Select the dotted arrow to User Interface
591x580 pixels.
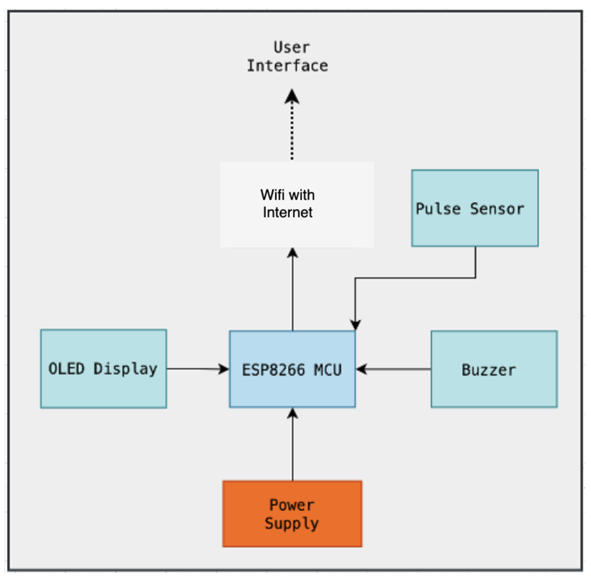[x=292, y=131]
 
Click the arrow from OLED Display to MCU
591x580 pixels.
[x=195, y=369]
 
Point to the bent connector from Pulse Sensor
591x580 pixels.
[x=414, y=278]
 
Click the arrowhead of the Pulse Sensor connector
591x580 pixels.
[x=355, y=325]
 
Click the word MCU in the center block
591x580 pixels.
[x=328, y=370]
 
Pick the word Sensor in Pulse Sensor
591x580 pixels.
[x=497, y=209]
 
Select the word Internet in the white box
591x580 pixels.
[x=287, y=212]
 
